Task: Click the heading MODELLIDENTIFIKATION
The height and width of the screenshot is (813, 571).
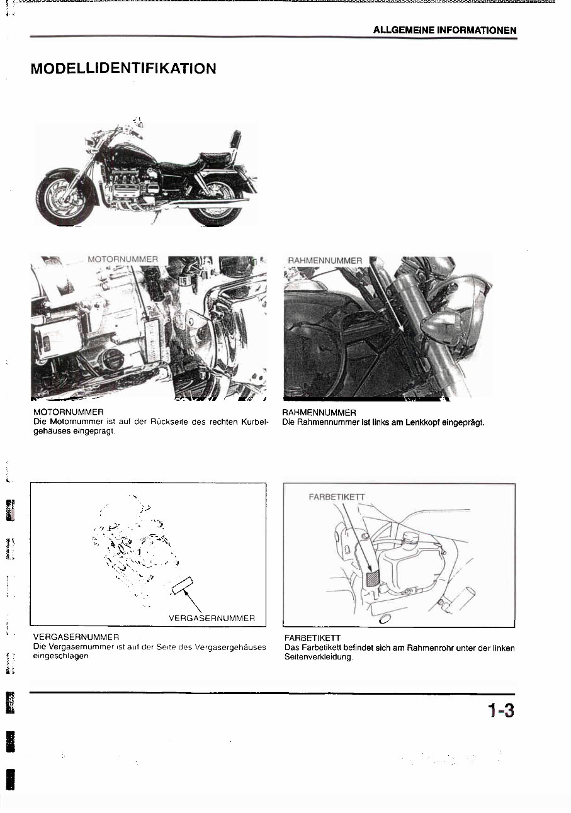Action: click(123, 69)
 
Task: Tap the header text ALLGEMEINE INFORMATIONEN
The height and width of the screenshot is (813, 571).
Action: click(444, 30)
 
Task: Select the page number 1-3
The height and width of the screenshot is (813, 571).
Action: click(500, 711)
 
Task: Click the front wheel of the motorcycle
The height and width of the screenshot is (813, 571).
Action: click(64, 197)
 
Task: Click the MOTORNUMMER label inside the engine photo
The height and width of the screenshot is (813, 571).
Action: click(123, 259)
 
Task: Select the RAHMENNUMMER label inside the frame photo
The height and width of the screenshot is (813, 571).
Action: click(325, 261)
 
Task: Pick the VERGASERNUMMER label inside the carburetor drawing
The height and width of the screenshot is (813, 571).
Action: click(212, 618)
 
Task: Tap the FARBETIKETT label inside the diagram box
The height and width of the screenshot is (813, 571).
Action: click(336, 496)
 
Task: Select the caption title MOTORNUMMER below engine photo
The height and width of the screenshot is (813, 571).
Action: click(68, 412)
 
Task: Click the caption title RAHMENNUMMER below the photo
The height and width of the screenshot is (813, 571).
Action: click(320, 413)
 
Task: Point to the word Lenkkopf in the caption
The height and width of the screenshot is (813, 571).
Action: click(410, 422)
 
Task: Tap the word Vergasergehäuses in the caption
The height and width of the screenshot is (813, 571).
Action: click(231, 648)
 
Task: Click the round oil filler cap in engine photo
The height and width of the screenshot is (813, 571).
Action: click(113, 360)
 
